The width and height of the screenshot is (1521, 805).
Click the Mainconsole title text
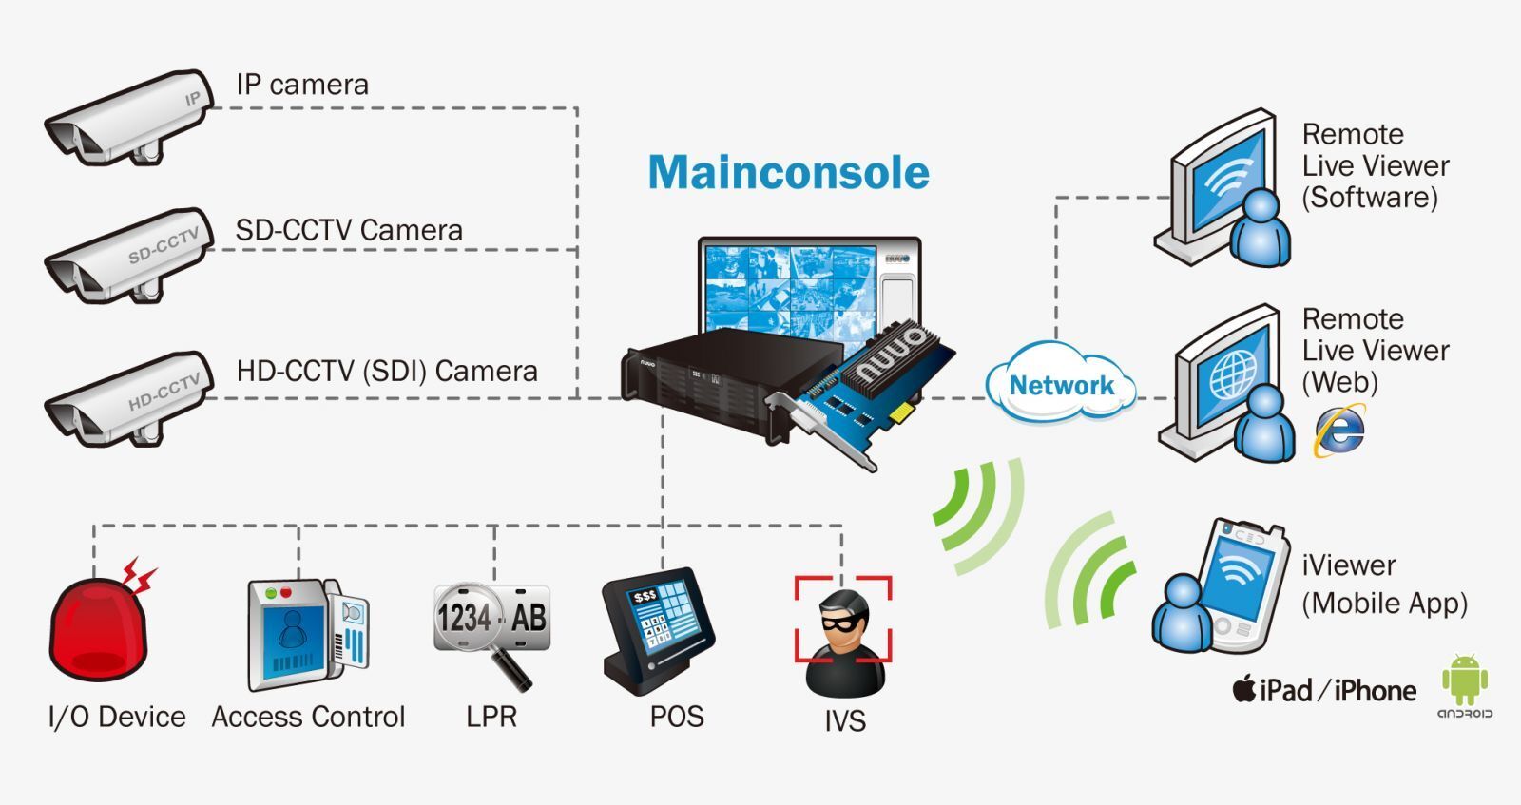coord(788,173)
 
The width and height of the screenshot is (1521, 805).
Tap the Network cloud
coord(1061,385)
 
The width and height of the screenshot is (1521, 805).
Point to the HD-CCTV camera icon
coord(128,400)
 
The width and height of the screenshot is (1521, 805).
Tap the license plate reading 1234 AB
coord(491,618)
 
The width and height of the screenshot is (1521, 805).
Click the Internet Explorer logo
coord(1338,431)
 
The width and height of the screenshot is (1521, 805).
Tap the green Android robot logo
coord(1464,679)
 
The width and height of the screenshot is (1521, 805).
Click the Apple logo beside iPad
coord(1243,688)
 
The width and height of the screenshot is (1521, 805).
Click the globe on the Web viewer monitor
coord(1232,376)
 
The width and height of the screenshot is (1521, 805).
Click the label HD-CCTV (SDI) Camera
coord(387,371)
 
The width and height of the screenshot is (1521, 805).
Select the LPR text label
coord(491,717)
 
